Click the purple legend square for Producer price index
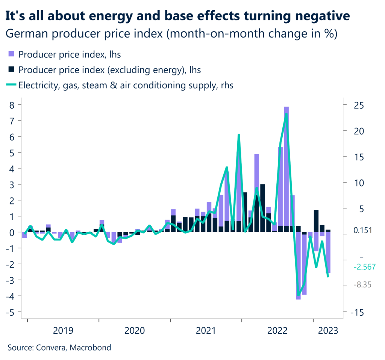11,54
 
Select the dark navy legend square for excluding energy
11,70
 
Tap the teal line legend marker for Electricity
11,85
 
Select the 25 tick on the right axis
358,105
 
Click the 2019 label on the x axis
63,331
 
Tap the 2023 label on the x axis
328,331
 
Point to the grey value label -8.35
363,285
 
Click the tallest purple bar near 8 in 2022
286,169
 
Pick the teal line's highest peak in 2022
287,114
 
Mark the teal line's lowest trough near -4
299,295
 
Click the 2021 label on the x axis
206,331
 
